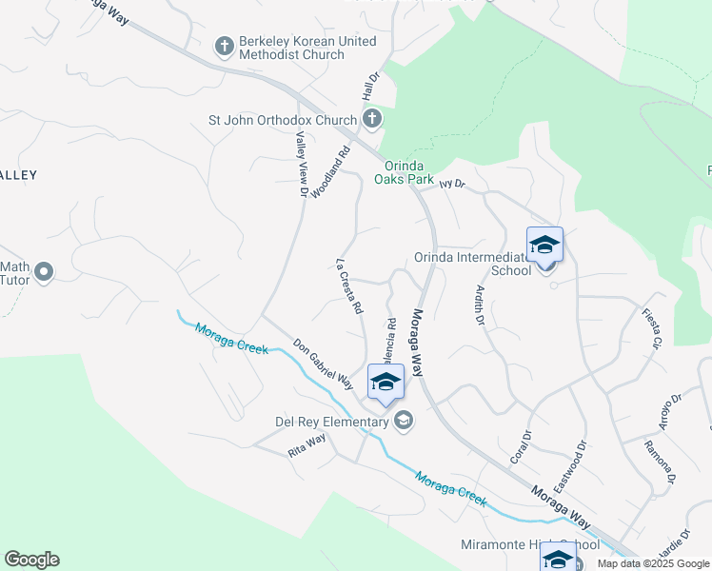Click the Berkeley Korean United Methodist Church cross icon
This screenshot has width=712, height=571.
point(225,46)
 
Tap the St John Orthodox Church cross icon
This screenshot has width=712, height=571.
point(372,120)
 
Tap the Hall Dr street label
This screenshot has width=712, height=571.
point(370,88)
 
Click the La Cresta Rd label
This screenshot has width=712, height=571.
point(349,286)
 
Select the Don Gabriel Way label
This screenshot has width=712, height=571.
point(323,364)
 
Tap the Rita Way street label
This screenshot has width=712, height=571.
point(307,445)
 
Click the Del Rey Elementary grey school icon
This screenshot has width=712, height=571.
point(404,421)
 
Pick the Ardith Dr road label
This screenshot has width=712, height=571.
point(480,305)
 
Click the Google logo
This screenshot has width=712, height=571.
point(31,560)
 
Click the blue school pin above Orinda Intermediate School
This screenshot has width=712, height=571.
point(544,246)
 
